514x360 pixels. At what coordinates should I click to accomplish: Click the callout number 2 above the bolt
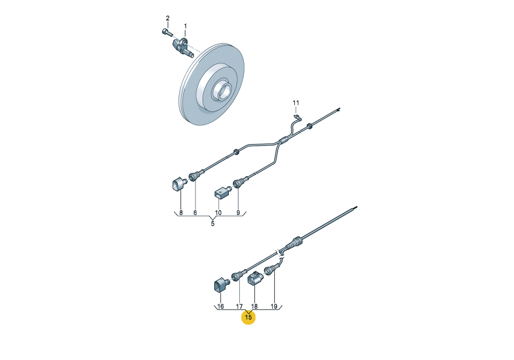click(168, 18)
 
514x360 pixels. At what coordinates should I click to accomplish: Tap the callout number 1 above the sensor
click(185, 26)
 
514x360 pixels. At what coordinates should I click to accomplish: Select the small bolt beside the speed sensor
click(167, 32)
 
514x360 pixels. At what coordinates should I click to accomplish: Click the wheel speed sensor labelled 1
click(183, 48)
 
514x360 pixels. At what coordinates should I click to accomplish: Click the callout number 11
click(296, 103)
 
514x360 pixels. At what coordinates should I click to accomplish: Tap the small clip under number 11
click(297, 116)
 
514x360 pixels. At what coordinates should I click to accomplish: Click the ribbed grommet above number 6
click(195, 176)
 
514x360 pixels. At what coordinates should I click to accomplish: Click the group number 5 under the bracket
click(213, 223)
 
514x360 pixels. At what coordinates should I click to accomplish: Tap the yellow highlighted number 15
click(248, 317)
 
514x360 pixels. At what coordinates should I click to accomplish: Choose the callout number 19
click(274, 306)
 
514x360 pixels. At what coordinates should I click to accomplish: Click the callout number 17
click(239, 306)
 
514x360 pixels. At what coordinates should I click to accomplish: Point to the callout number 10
click(218, 212)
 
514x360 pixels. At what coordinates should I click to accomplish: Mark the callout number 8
click(180, 212)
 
